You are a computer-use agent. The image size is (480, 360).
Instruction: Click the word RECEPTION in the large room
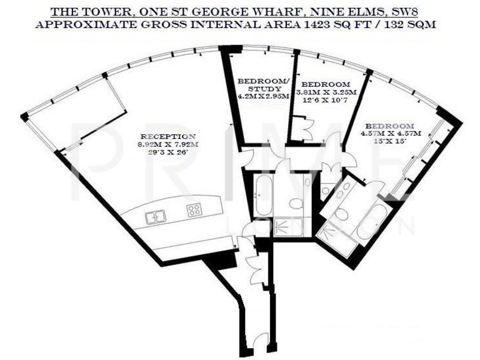point(168,136)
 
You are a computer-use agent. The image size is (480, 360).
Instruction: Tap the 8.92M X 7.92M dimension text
point(168,144)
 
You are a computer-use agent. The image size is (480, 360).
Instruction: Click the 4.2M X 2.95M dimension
point(263,97)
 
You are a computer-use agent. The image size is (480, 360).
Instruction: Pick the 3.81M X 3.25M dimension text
point(325,92)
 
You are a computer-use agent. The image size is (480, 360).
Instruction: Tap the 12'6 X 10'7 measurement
point(325,99)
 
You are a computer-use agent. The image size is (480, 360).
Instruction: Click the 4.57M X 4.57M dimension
point(391,133)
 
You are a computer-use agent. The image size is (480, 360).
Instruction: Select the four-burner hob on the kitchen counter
point(194,211)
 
